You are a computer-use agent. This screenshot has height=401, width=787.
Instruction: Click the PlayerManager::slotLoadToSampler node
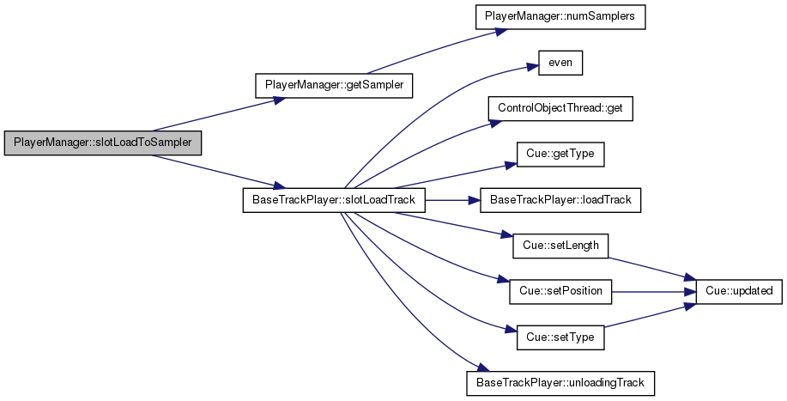[103, 143]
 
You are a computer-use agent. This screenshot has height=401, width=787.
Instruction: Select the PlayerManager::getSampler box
[334, 85]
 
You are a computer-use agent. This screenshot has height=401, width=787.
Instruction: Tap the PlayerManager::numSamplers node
[560, 16]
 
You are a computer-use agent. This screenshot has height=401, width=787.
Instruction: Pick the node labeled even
[560, 64]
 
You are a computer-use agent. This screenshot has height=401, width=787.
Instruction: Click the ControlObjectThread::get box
[560, 108]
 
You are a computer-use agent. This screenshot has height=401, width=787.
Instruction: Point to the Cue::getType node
[560, 154]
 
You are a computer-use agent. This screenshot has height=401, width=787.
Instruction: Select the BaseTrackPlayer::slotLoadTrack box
[334, 200]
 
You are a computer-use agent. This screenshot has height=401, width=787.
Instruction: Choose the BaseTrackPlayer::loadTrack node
[560, 200]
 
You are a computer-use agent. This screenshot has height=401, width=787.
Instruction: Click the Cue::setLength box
[560, 246]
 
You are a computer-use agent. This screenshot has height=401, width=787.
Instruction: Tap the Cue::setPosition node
[560, 292]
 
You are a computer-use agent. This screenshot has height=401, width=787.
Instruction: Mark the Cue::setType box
[560, 337]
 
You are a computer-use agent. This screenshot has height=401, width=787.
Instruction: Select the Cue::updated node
[739, 292]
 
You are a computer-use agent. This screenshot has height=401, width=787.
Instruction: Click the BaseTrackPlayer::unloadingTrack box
[560, 384]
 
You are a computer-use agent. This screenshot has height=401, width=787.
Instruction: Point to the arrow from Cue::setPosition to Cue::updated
[653, 292]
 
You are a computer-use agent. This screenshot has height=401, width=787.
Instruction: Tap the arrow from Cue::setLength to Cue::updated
[652, 269]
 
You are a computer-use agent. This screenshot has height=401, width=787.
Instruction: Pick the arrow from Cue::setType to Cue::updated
[650, 315]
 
